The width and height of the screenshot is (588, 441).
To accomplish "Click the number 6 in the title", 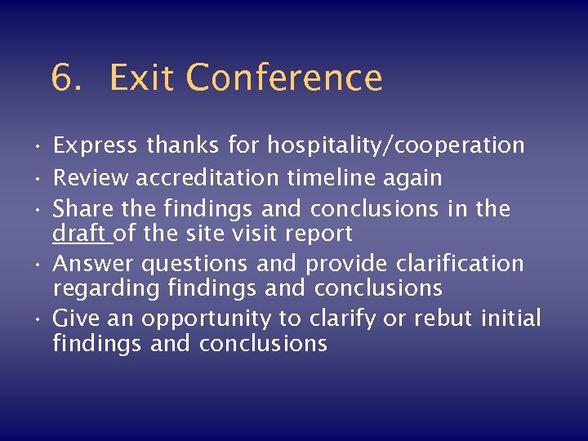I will point(62,78).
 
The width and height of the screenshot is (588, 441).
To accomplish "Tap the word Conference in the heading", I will point(283,78).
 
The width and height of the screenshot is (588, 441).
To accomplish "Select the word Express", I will point(95,146).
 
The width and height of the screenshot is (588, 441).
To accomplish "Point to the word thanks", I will point(183,146).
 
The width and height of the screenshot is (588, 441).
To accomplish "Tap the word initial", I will point(511,318).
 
